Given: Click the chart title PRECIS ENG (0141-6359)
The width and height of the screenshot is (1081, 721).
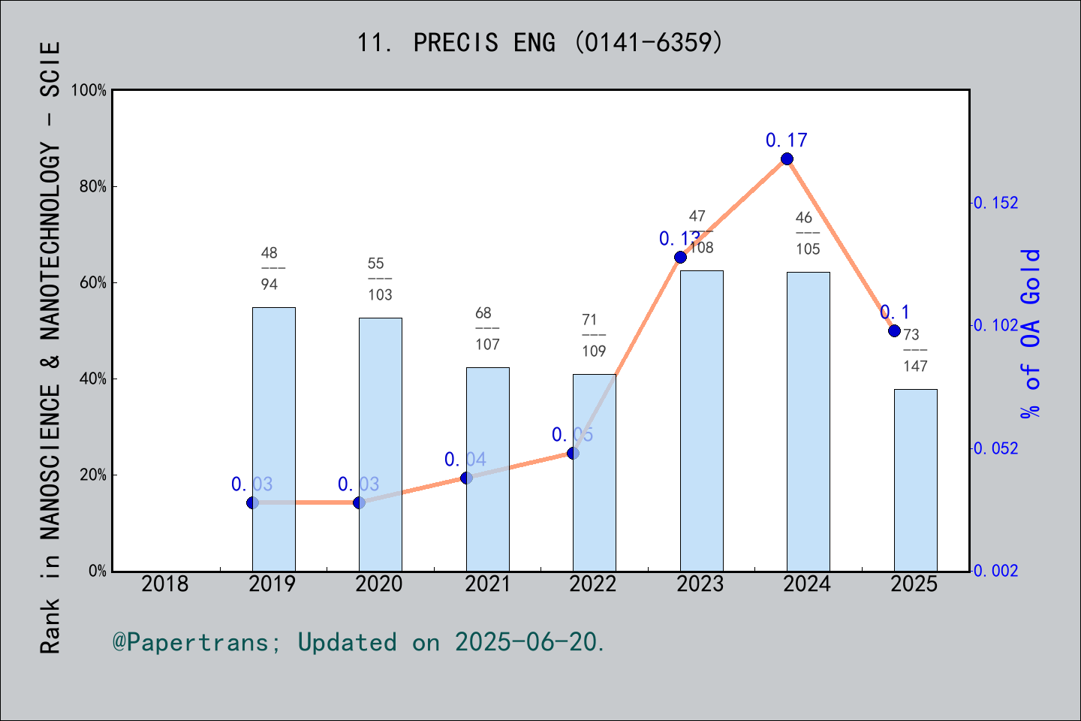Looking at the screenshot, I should [540, 43].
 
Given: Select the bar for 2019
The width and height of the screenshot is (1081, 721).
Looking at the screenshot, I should [273, 439].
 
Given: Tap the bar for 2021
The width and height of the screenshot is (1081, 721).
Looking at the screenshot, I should [487, 469].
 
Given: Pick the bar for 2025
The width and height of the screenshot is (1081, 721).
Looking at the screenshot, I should [915, 480].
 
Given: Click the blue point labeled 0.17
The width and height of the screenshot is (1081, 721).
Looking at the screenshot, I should [787, 158].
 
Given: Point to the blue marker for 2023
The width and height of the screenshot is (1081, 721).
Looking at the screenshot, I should [680, 257].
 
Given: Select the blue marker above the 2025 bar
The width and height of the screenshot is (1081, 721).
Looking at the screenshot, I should [894, 330].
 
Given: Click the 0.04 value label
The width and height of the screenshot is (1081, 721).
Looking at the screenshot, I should [465, 459].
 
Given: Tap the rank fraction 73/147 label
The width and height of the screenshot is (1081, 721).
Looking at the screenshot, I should [914, 350].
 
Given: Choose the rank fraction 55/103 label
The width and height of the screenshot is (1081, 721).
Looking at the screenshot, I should [380, 279].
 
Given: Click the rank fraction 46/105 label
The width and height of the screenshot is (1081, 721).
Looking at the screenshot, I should [808, 234].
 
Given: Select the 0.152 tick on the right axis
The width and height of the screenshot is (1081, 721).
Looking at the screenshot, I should [997, 203].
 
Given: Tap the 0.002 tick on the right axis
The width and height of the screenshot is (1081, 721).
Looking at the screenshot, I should [997, 571].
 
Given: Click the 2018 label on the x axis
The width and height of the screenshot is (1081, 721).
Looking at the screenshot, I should [165, 584].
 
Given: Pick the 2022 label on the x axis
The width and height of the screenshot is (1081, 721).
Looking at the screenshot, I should [593, 584].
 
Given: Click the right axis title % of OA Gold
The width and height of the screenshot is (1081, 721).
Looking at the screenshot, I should [1031, 333].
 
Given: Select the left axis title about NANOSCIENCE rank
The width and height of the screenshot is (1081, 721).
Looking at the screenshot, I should [50, 348].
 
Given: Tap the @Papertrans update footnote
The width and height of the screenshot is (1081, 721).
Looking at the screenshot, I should [359, 642].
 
